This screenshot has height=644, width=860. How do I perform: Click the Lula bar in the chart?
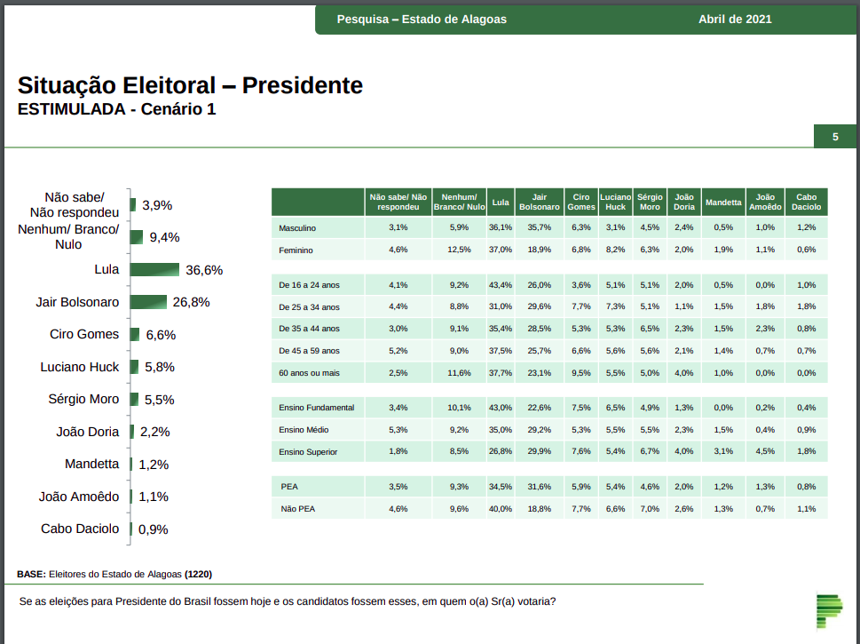[154, 270]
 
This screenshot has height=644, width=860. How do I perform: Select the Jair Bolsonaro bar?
[148, 302]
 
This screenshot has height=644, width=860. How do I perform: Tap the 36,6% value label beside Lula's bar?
[204, 270]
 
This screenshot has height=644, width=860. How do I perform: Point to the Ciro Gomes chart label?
[84, 335]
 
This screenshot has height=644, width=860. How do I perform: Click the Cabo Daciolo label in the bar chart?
[80, 529]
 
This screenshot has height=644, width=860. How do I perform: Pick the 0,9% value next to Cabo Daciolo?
[154, 529]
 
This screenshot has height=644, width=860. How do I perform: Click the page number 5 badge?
[835, 137]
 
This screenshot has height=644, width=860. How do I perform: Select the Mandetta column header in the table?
[723, 203]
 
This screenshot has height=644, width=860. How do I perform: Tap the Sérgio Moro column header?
[650, 203]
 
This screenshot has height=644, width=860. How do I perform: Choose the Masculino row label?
[297, 228]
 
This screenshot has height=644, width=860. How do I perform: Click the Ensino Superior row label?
[308, 452]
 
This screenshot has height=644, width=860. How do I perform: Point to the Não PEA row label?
[298, 509]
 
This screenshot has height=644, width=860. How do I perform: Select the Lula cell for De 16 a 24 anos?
[501, 285]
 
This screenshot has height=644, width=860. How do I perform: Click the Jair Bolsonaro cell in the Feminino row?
[539, 250]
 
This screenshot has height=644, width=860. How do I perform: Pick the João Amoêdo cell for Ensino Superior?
[765, 452]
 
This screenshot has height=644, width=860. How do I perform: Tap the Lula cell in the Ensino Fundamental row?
[501, 408]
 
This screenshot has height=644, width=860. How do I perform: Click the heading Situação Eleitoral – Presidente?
[190, 85]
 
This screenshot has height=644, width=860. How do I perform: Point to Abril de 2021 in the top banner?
[735, 20]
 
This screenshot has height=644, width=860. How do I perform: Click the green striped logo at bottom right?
[829, 611]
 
